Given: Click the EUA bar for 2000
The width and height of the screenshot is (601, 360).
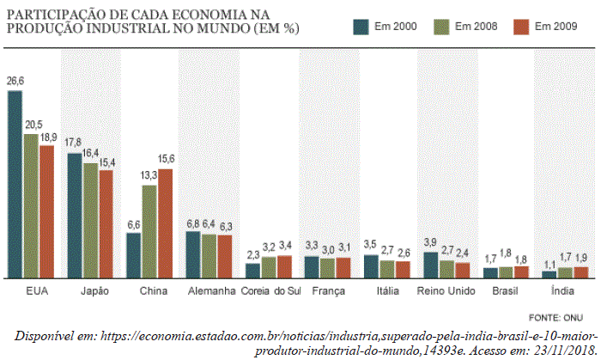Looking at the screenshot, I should [15, 184].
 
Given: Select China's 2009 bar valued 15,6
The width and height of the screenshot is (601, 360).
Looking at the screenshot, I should [165, 223].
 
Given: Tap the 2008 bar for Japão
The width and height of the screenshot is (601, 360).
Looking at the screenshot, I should [90, 220].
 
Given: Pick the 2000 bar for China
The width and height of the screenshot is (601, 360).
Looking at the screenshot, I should [133, 255].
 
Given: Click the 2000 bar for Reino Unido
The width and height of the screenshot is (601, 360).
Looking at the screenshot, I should [431, 265].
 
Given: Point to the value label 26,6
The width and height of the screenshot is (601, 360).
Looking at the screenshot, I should [15, 82].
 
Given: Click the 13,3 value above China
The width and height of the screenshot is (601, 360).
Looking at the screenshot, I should [149, 175].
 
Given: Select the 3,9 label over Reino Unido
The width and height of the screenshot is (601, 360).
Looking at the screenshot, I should [431, 242].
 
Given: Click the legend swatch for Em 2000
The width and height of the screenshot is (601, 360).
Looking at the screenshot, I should [361, 27].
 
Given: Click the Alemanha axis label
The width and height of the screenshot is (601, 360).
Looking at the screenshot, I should [210, 291].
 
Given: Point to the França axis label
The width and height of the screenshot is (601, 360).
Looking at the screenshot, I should [328, 291].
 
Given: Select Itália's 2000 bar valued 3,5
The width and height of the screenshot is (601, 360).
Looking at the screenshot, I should [371, 266].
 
